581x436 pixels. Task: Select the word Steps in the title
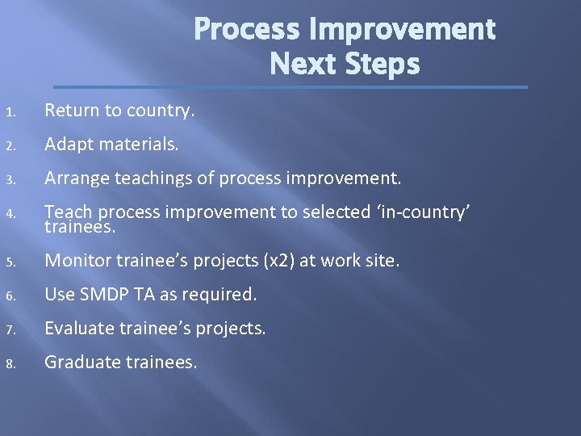(381, 64)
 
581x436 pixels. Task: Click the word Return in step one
(71, 111)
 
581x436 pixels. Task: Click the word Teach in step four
(65, 212)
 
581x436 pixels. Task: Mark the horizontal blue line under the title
(290, 86)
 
